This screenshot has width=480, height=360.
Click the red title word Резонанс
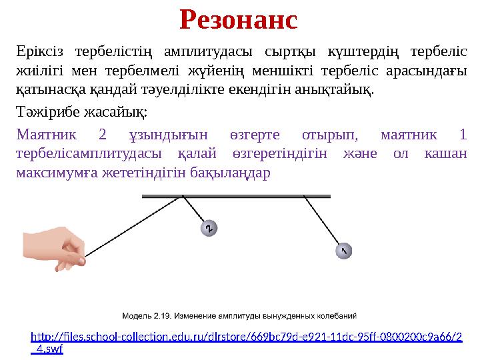[x=239, y=20]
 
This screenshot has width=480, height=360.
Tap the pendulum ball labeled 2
[x=209, y=229]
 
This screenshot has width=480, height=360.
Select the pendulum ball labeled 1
[x=343, y=251]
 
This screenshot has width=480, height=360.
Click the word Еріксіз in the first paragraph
[x=39, y=52]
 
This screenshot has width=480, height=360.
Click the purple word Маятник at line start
[x=46, y=135]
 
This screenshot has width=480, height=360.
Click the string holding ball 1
[x=325, y=223]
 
